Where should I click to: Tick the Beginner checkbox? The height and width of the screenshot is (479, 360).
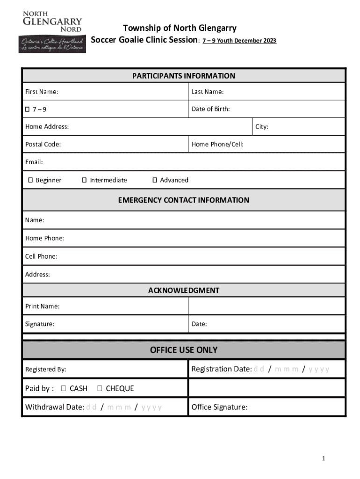click(x=30, y=180)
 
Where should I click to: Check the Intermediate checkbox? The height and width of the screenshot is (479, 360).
click(x=85, y=180)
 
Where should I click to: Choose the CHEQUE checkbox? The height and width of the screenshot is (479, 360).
click(x=100, y=389)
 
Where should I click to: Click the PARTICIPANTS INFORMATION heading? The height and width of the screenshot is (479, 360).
click(x=183, y=76)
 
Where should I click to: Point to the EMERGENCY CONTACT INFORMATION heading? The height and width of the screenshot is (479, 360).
click(x=183, y=200)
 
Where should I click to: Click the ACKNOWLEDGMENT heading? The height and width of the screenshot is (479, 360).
click(x=183, y=290)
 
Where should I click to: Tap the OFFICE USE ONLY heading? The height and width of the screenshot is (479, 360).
click(x=183, y=350)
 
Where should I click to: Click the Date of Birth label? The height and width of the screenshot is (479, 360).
click(x=210, y=109)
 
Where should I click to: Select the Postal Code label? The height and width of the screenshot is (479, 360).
click(x=43, y=145)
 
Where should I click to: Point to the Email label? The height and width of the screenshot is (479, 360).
click(x=34, y=162)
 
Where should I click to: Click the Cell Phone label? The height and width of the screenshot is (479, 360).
click(x=41, y=256)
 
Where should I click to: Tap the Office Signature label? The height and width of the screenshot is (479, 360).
click(x=219, y=407)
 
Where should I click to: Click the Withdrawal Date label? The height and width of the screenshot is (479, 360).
click(x=55, y=407)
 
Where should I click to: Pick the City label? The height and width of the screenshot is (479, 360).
click(x=262, y=127)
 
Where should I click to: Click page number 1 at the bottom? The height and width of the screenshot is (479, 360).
click(x=323, y=459)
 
